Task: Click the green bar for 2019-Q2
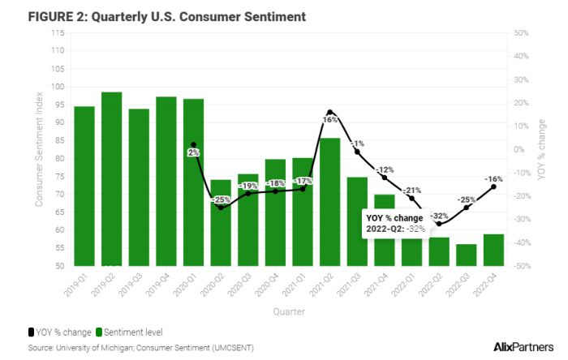tap(111, 179)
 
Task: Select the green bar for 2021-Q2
tap(329, 202)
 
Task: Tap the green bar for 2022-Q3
tap(466, 255)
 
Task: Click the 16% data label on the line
tap(329, 119)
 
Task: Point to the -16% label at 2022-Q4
tap(494, 178)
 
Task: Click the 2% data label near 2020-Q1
tap(193, 152)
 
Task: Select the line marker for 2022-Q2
tap(439, 224)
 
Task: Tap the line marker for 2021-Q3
tap(357, 152)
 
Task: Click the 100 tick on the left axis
tap(58, 87)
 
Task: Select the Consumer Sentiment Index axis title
tap(40, 150)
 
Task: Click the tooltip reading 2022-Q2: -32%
tap(397, 223)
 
